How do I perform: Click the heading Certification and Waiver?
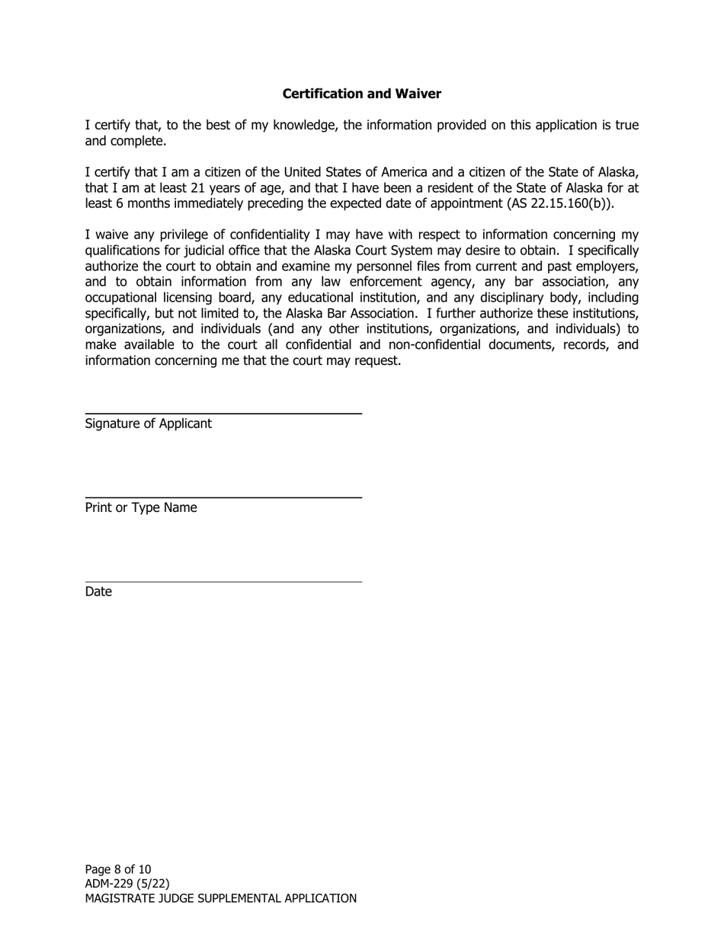[361, 94]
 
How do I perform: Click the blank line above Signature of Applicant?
[223, 413]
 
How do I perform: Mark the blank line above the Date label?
[223, 581]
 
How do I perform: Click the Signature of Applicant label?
[148, 424]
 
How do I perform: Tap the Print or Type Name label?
[140, 507]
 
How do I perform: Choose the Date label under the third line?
[98, 592]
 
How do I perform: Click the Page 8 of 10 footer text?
[118, 869]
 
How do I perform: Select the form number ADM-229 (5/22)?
[127, 884]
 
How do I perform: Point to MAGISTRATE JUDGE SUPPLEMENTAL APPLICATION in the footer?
[220, 899]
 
